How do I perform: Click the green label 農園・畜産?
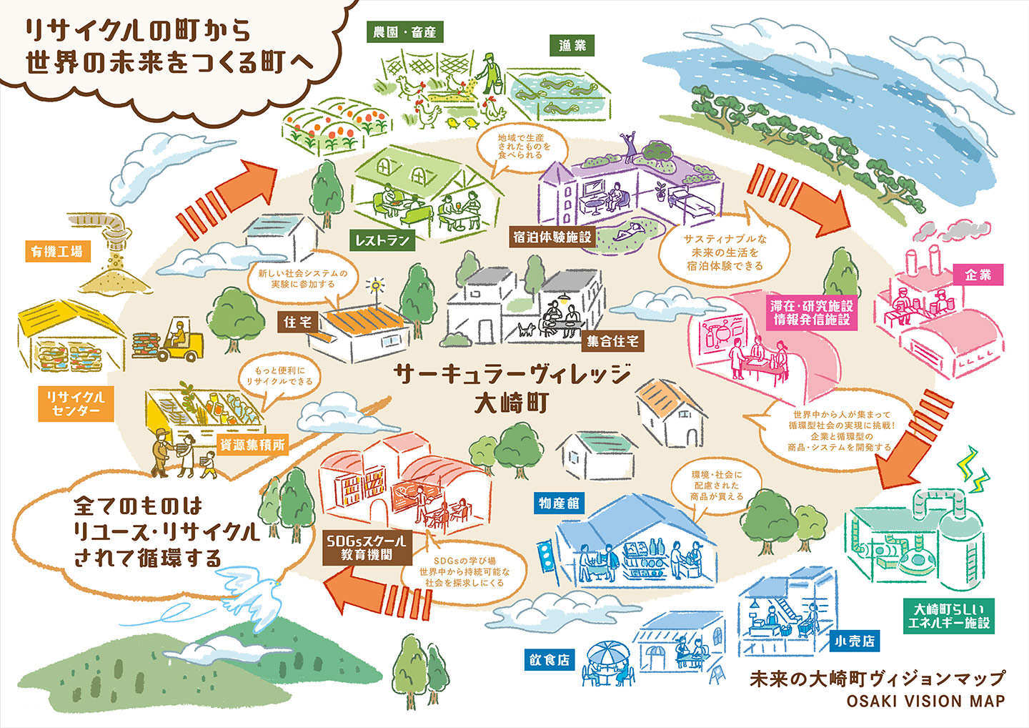(404, 31)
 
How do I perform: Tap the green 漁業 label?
(572, 45)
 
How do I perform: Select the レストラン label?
(383, 240)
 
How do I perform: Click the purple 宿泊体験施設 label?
(552, 237)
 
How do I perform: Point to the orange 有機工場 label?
(56, 251)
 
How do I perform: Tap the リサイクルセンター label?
(76, 403)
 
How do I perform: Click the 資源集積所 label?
(252, 444)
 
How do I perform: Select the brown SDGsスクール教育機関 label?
(366, 547)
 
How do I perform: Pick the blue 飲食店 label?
(550, 659)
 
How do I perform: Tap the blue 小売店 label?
(855, 641)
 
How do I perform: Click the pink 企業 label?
(978, 274)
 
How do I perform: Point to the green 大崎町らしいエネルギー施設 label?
(948, 616)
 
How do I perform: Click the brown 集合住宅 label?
(612, 341)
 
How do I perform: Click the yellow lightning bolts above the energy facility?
(975, 468)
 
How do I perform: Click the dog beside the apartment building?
(527, 330)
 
